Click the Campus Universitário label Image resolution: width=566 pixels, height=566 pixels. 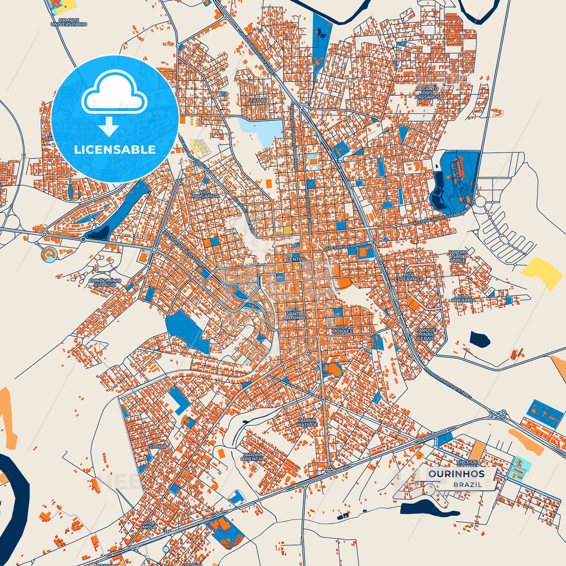[x=69, y=22]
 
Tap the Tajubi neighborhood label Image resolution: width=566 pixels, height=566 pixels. [x=258, y=100]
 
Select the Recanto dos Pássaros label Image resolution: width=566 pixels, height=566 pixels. [x=427, y=93]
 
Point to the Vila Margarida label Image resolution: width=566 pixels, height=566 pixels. [x=204, y=193]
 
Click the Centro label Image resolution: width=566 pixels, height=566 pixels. [x=296, y=259]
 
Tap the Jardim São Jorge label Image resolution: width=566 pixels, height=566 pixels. [x=458, y=256]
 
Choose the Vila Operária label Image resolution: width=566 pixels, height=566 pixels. [x=463, y=298]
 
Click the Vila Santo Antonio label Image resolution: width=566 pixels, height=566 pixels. [x=294, y=313]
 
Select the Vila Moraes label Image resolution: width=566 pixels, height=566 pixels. [x=342, y=329]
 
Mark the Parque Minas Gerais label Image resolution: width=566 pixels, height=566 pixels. [x=425, y=334]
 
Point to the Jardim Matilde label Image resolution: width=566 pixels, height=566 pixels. [x=307, y=422]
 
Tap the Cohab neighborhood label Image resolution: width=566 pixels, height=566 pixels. [x=158, y=447]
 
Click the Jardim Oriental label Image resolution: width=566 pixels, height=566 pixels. [x=252, y=457]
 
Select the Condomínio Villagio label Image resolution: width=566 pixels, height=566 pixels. [x=105, y=283]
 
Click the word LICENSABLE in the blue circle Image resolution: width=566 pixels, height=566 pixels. [x=115, y=149]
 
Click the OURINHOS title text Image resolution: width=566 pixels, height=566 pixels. [x=456, y=474]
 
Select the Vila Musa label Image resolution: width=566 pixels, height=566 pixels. [x=149, y=525]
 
